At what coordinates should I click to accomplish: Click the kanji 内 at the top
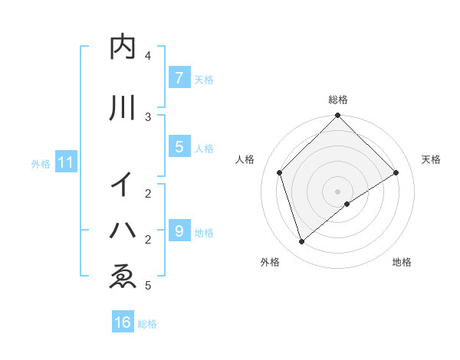(123, 47)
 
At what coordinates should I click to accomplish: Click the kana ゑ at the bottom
(123, 277)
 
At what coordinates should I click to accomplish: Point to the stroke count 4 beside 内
(148, 56)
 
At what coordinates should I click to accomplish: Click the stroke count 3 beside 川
(148, 116)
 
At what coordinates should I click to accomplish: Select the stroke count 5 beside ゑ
(148, 286)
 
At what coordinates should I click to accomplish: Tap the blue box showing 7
(179, 77)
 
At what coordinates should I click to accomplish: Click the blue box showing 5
(179, 146)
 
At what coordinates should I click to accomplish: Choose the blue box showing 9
(179, 231)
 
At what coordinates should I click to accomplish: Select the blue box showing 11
(66, 162)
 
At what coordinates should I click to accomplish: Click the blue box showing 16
(123, 322)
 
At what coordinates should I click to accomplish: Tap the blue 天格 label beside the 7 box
(204, 79)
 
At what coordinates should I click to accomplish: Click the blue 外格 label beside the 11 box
(40, 163)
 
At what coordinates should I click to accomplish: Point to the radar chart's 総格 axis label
(338, 100)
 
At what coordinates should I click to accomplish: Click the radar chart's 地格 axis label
(402, 262)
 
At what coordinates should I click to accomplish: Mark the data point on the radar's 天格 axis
(396, 173)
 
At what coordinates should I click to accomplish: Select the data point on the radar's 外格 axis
(302, 242)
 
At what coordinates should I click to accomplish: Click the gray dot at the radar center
(338, 191)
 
